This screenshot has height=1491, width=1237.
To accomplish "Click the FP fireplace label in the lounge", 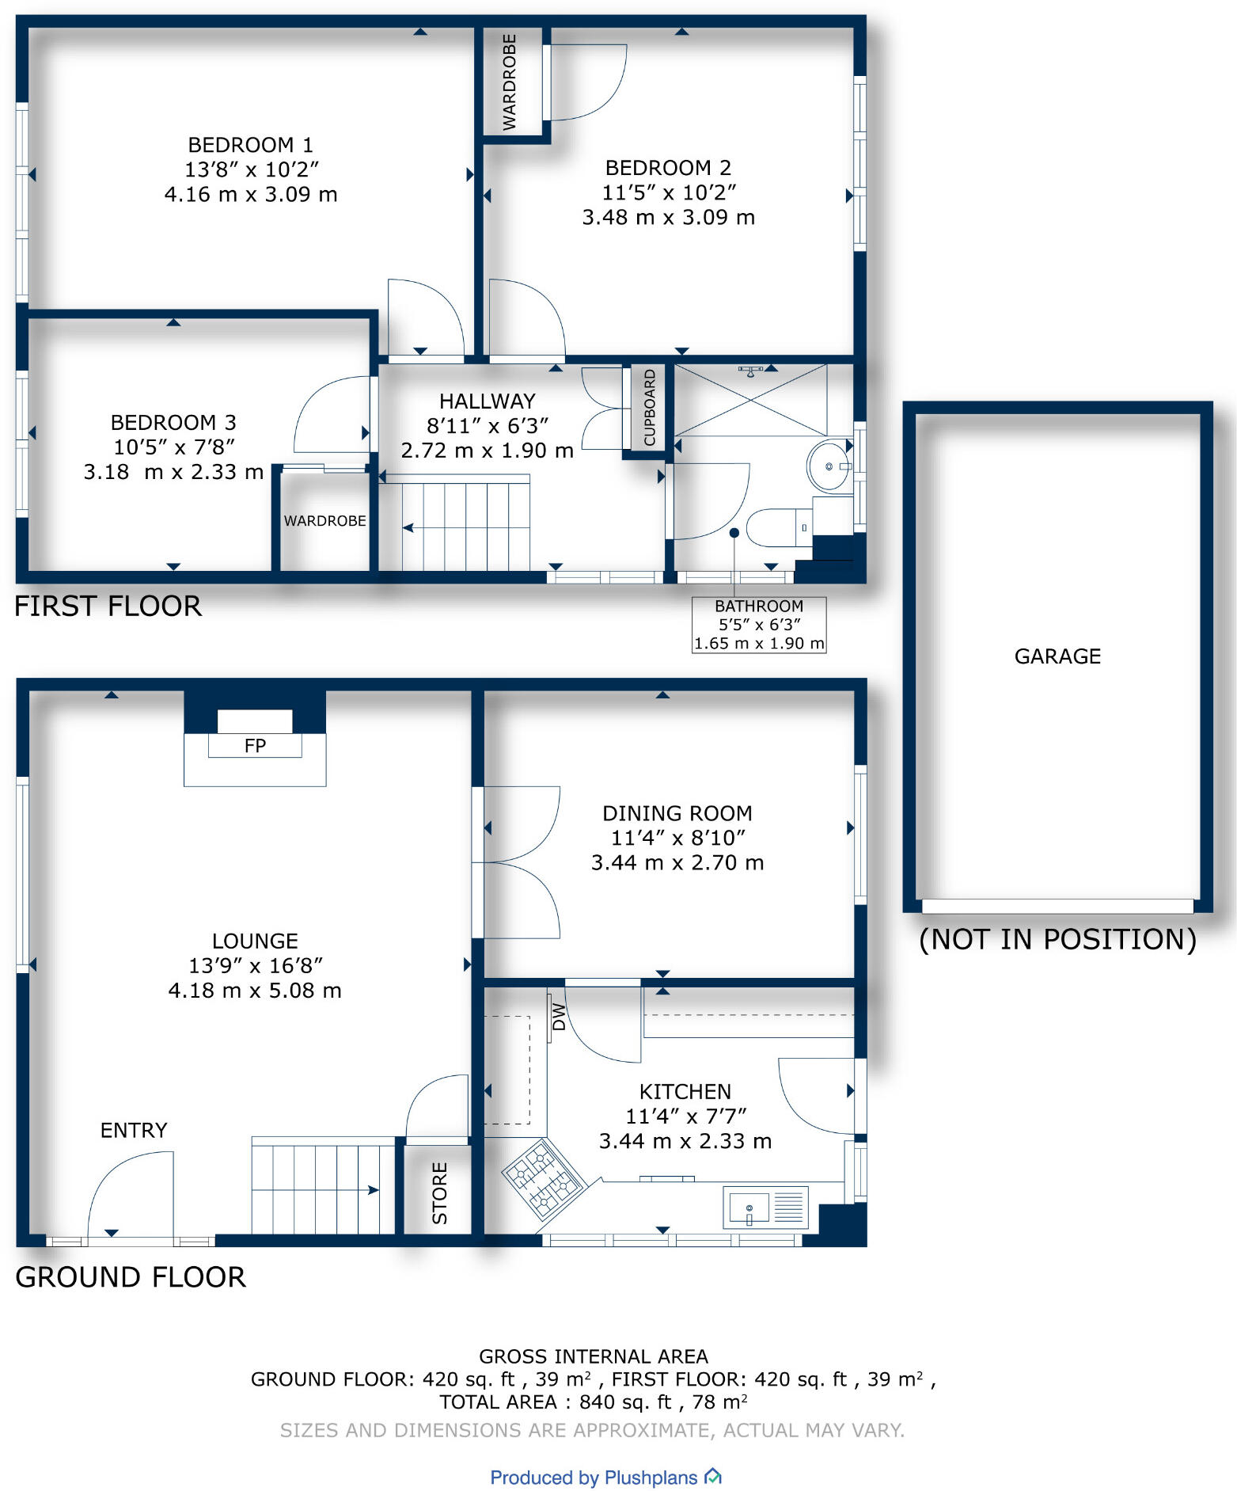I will [255, 746].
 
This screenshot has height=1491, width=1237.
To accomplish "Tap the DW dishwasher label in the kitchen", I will [559, 1017].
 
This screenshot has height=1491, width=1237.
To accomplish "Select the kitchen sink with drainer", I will [765, 1208].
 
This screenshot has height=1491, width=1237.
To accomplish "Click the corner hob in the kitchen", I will [543, 1177].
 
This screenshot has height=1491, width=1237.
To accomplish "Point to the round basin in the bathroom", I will [829, 466].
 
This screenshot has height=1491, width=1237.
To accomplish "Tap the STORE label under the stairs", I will [440, 1193].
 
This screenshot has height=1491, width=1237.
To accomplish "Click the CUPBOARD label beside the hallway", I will [650, 408].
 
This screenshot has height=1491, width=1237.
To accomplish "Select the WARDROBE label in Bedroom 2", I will [510, 82].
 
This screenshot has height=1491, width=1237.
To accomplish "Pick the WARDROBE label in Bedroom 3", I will [324, 521].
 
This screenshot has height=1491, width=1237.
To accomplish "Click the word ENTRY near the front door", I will [134, 1130].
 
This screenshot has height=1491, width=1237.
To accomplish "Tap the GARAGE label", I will [1057, 656].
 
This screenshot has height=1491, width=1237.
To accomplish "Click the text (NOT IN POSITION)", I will [1057, 940].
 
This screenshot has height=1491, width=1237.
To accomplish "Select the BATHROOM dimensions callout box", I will [758, 625].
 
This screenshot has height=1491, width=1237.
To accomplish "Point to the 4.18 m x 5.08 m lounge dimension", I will [255, 991].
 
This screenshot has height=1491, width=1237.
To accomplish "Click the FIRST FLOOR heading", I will [108, 607].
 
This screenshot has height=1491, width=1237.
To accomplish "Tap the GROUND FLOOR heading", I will [131, 1277].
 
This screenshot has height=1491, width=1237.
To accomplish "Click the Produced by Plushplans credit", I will [605, 1478].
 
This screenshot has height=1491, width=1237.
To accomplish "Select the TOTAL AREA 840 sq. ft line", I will [593, 1402].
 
